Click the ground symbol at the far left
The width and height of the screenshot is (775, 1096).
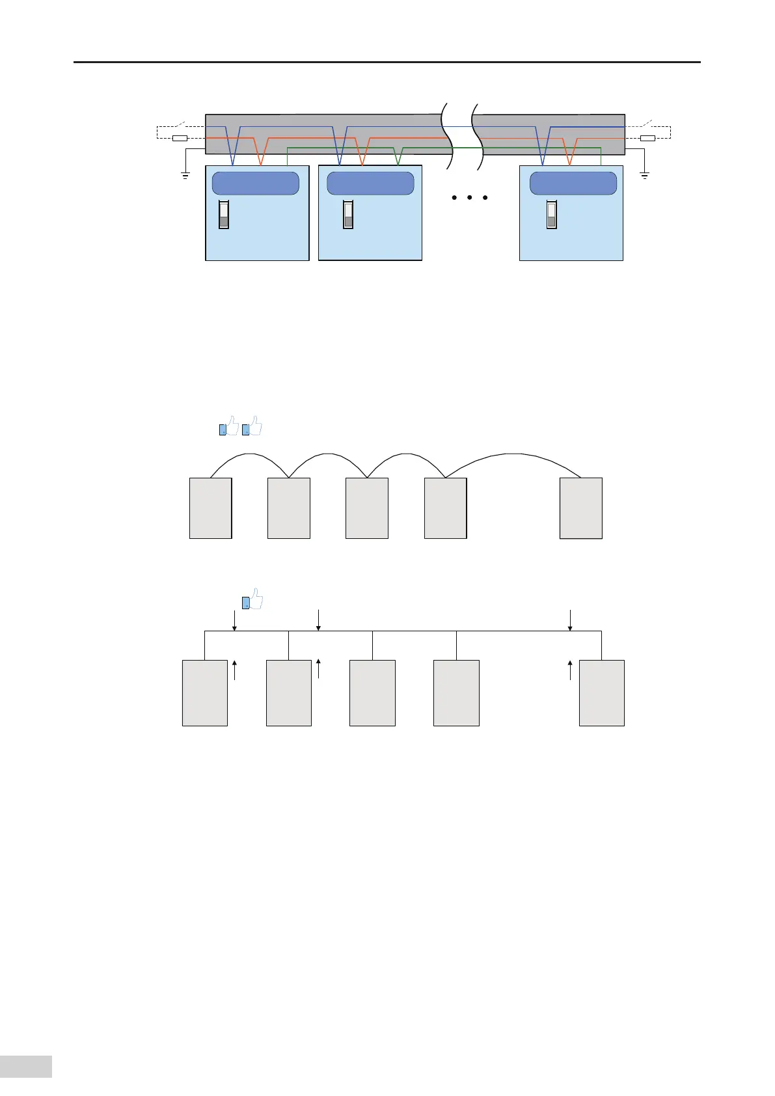point(185,174)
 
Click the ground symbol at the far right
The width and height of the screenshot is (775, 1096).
point(644,174)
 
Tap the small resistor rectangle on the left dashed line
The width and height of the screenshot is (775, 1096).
point(180,138)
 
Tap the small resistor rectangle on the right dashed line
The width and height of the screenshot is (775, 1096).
point(647,138)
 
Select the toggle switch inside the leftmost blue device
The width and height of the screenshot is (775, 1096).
point(224,214)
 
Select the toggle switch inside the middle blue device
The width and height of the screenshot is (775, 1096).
point(348,214)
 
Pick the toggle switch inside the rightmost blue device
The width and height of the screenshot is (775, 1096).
point(551,214)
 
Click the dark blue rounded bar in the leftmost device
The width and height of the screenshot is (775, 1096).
point(256,184)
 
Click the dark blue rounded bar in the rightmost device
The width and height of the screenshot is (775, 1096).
point(573,184)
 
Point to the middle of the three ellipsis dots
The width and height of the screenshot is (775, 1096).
point(469,197)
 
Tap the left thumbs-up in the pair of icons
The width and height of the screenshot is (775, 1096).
point(229,426)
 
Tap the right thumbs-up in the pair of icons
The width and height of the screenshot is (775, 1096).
point(252,426)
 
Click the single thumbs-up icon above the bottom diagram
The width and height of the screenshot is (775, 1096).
point(253,599)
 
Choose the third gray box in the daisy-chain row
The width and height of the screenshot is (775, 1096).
point(367,508)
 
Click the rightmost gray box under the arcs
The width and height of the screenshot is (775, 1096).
point(581,508)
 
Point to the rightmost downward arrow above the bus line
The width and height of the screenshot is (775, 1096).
point(570,620)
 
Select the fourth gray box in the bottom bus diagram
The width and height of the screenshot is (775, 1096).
point(456,692)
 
